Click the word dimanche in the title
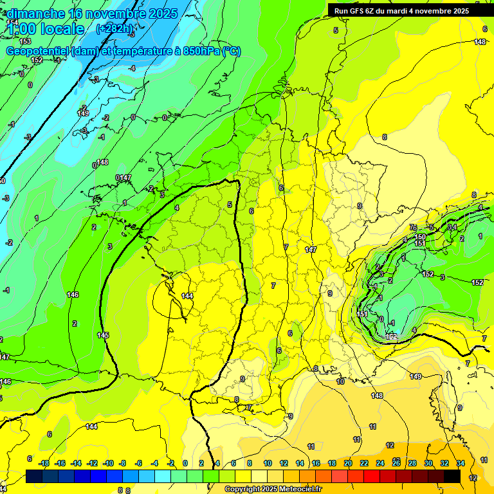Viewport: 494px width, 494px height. point(35,14)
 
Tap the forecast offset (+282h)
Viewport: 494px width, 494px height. point(115,29)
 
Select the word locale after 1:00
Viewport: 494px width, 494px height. point(62,29)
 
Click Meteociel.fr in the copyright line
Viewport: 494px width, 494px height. point(300,489)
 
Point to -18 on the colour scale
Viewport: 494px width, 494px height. point(44,463)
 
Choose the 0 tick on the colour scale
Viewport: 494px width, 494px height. point(185,463)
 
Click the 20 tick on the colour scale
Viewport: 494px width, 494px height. point(348,463)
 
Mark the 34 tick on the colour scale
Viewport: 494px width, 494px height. point(461,463)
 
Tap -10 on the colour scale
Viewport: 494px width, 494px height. point(108,463)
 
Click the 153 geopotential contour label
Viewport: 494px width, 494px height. point(25,41)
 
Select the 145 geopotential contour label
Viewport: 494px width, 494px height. point(103,335)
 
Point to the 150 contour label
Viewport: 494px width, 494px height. point(420,237)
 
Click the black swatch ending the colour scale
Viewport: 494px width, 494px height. point(452,477)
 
